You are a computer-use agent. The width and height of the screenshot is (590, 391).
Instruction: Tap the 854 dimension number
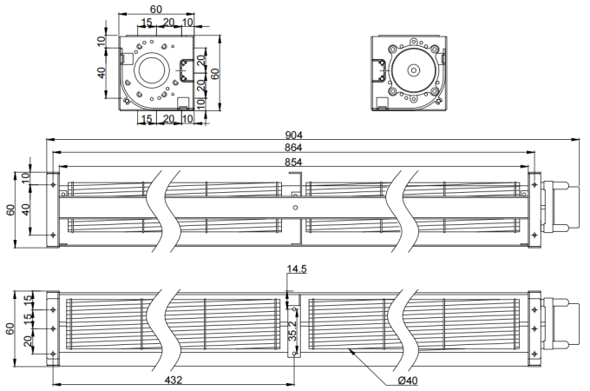[295, 162]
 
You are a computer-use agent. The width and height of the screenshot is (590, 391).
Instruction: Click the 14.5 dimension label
[298, 271]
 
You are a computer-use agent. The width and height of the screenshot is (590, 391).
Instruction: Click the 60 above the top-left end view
[155, 10]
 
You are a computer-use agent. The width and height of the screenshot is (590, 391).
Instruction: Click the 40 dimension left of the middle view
[25, 209]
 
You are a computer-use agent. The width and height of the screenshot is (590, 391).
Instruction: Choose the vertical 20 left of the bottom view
[27, 343]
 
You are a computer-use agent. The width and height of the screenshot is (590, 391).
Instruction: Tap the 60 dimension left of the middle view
[11, 209]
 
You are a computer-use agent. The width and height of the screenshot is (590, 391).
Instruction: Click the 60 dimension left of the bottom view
[11, 328]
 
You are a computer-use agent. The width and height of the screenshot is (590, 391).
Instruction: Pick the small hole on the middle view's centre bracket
[296, 208]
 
